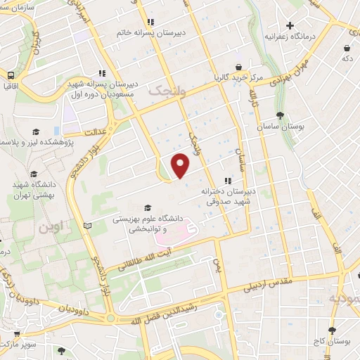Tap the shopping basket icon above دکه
347,48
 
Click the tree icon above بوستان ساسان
281,115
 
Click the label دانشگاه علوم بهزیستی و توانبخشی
149,224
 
